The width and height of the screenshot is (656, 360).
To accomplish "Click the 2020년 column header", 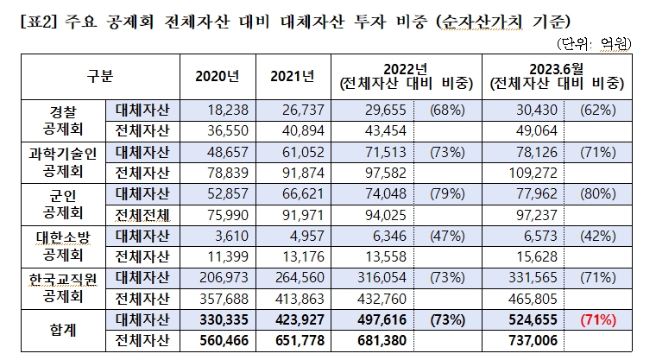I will (x=216, y=76).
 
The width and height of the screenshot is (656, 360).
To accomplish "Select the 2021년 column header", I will (x=291, y=76).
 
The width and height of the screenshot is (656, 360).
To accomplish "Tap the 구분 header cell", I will (x=100, y=76).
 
